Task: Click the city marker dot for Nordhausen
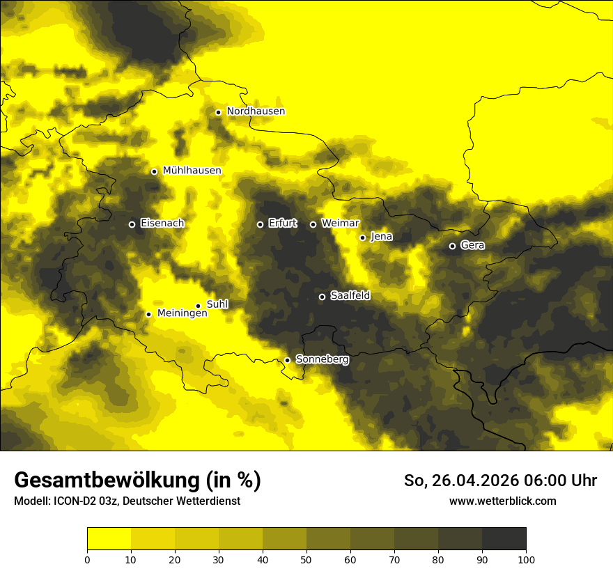coord(218,112)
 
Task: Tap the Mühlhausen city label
coord(192,171)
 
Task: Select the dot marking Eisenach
coord(132,224)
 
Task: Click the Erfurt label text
coord(282,224)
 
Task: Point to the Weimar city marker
coord(313,224)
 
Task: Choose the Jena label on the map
coord(381,237)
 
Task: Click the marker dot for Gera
coord(452,246)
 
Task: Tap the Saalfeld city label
coord(350,296)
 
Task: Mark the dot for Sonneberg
coord(287,360)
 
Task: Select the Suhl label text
coord(217,304)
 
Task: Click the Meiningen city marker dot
coord(148,314)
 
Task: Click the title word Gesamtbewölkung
coord(107,481)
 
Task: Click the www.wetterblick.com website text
coord(502,501)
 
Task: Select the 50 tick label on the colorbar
coord(306,559)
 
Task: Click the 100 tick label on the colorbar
coord(526,559)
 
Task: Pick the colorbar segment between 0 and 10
coord(109,539)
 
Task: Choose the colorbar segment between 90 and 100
coord(504,539)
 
